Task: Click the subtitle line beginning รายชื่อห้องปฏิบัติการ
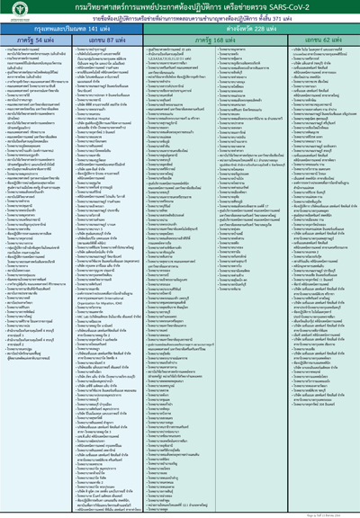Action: click(x=180, y=18)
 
